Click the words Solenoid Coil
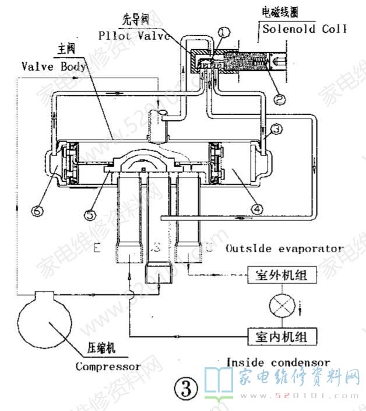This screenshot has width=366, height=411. [x=304, y=29]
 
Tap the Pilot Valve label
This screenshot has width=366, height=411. [x=135, y=35]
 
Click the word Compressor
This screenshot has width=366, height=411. [x=108, y=367]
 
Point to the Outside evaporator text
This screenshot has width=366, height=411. [x=284, y=248]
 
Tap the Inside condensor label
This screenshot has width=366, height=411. [x=278, y=363]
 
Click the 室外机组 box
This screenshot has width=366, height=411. [x=277, y=274]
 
